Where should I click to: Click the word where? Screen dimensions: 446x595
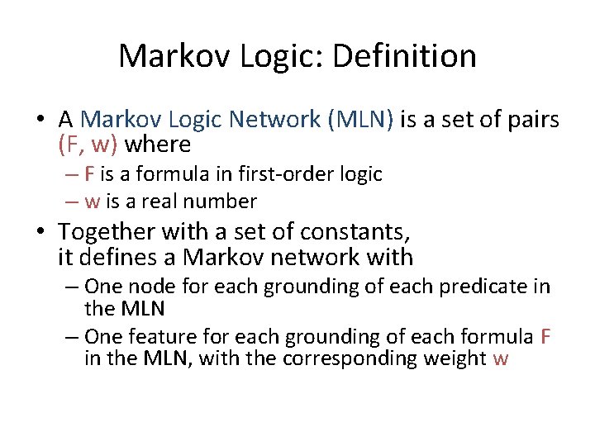pos(160,145)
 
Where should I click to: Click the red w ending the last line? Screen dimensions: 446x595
pos(501,359)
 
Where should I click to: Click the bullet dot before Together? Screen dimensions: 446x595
pos(40,232)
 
